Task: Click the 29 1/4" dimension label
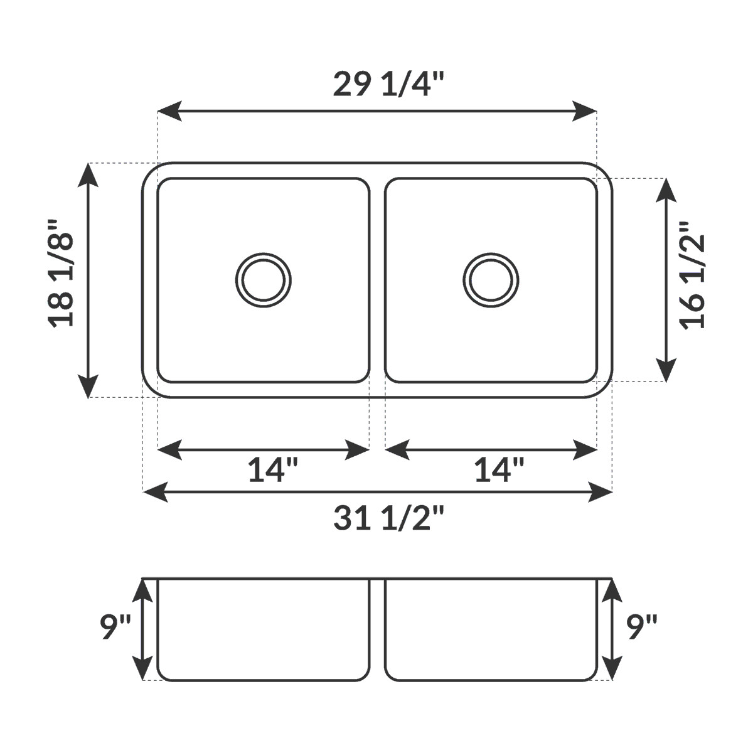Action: (x=388, y=85)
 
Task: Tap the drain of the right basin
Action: (x=491, y=280)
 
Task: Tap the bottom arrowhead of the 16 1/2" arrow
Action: (x=666, y=371)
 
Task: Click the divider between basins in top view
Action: (x=377, y=280)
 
